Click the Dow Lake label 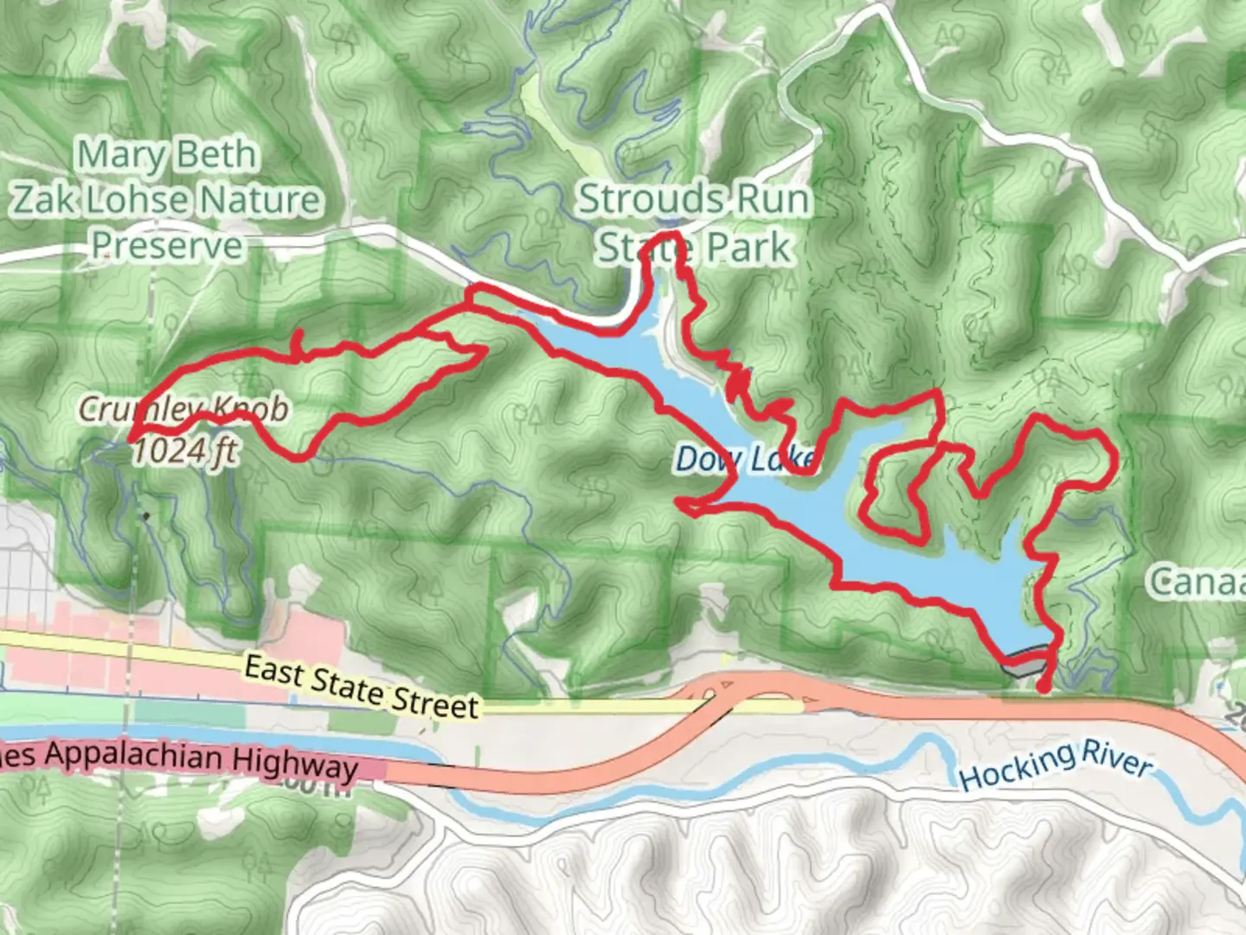pyautogui.click(x=744, y=459)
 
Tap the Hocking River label pyautogui.click(x=1056, y=765)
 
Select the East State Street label pyautogui.click(x=361, y=687)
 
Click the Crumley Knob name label pyautogui.click(x=183, y=409)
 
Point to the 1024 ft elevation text pyautogui.click(x=183, y=450)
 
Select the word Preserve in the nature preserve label pyautogui.click(x=167, y=246)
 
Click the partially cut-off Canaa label pyautogui.click(x=1198, y=583)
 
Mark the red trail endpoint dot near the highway pyautogui.click(x=1044, y=687)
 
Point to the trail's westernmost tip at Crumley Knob pyautogui.click(x=132, y=440)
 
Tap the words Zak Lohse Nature pyautogui.click(x=167, y=201)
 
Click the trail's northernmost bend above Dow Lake pyautogui.click(x=667, y=235)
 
